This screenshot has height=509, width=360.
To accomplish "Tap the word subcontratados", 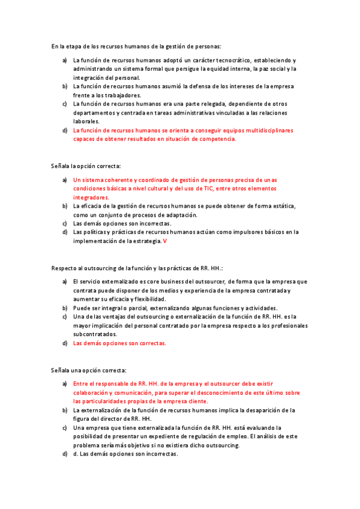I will pyautogui.click(x=95, y=334).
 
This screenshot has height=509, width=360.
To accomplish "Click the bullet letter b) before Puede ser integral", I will pyautogui.click(x=65, y=308).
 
